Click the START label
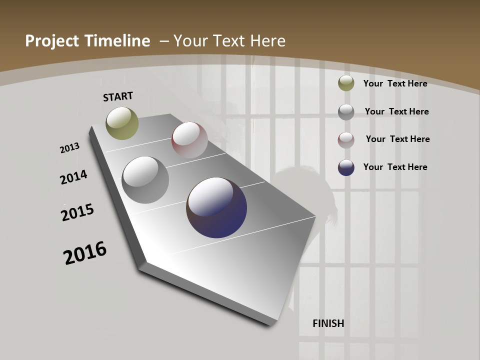point(118,96)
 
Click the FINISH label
point(328,323)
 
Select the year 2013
point(69,148)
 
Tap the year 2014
point(74,177)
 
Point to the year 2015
point(77,212)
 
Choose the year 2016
point(85,253)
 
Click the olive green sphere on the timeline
point(122,123)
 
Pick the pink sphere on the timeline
point(189,139)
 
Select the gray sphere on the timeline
point(145,180)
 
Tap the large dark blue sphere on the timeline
point(216,207)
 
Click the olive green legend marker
point(346,83)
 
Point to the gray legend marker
point(346,112)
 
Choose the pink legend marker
point(346,139)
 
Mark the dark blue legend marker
point(346,167)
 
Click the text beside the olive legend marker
point(395,83)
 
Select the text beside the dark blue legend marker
point(395,167)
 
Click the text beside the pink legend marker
point(397,139)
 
